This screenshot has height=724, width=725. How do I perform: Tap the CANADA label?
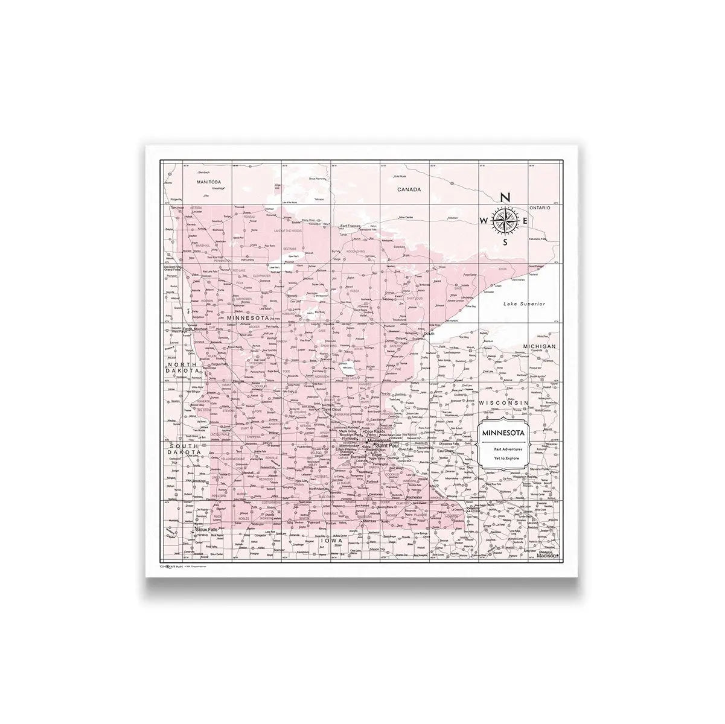pos(408,189)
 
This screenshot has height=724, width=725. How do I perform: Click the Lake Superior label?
pos(525,304)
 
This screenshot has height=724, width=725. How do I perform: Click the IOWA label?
pos(331,541)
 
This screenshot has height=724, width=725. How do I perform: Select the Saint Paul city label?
pos(385,445)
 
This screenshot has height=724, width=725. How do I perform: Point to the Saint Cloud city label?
pos(333,410)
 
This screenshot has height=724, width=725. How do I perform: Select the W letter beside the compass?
pos(485,221)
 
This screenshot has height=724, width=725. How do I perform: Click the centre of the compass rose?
pos(506,221)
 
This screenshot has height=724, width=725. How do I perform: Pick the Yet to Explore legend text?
pos(502,459)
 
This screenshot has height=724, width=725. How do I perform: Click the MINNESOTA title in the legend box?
pos(502,433)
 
